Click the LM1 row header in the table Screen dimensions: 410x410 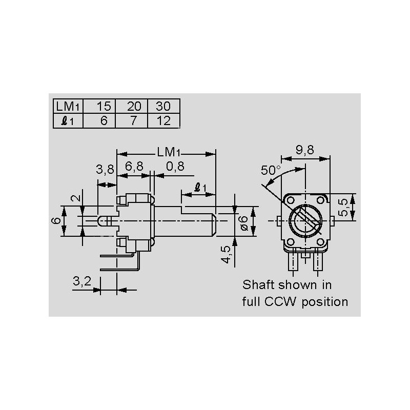tap(68, 107)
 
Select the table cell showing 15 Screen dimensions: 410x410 tap(104, 107)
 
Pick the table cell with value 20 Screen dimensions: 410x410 tap(133, 107)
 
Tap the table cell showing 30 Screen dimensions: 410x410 tap(163, 107)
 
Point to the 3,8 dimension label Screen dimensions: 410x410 tap(105, 169)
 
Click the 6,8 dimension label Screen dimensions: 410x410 tap(134, 166)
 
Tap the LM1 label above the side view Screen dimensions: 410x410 tap(169, 152)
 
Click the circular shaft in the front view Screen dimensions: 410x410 tap(305, 220)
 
